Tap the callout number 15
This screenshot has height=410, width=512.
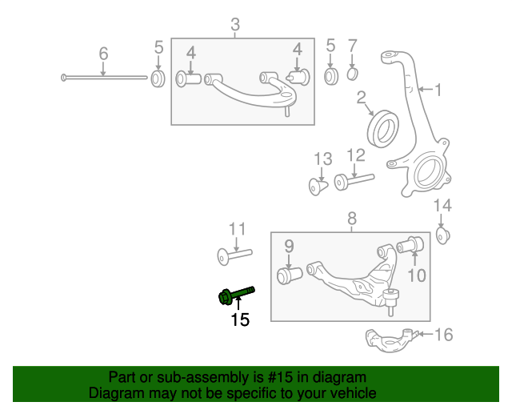click(240, 320)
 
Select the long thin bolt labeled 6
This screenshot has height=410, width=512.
click(104, 78)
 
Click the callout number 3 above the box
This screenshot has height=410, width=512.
click(234, 26)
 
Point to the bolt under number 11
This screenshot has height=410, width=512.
click(234, 255)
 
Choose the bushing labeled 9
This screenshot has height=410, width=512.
click(288, 275)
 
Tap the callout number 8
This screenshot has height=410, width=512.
click(351, 218)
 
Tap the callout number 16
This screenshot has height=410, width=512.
click(442, 334)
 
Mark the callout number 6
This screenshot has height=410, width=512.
click(103, 54)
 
